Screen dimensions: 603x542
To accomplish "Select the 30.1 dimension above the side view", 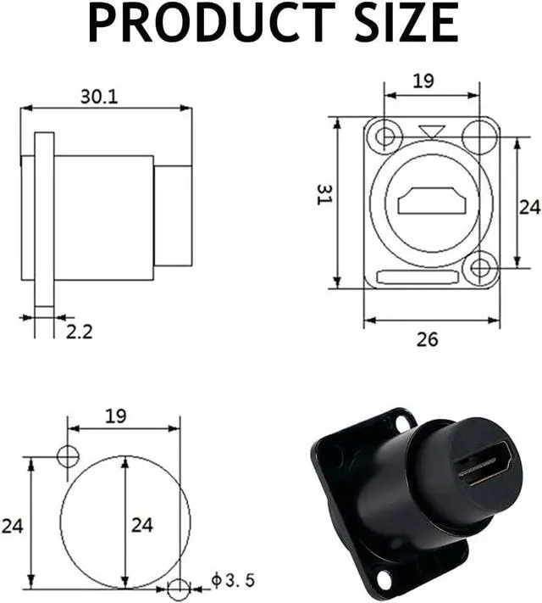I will pyautogui.click(x=99, y=97).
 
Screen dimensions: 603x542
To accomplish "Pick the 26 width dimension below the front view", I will pyautogui.click(x=428, y=339).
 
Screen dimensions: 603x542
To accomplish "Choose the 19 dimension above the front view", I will pyautogui.click(x=423, y=81).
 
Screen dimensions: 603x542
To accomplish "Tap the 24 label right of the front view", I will pyautogui.click(x=529, y=206).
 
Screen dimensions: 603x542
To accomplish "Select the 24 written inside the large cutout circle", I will pyautogui.click(x=141, y=524).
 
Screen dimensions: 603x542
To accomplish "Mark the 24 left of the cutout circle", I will pyautogui.click(x=12, y=526).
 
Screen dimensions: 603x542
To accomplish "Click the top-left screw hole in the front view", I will pyautogui.click(x=387, y=136).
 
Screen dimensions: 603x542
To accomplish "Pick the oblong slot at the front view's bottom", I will pyautogui.click(x=417, y=277).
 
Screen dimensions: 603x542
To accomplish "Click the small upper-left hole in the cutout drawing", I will pyautogui.click(x=68, y=455).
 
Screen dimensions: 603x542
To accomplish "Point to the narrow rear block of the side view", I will pyautogui.click(x=173, y=217).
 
